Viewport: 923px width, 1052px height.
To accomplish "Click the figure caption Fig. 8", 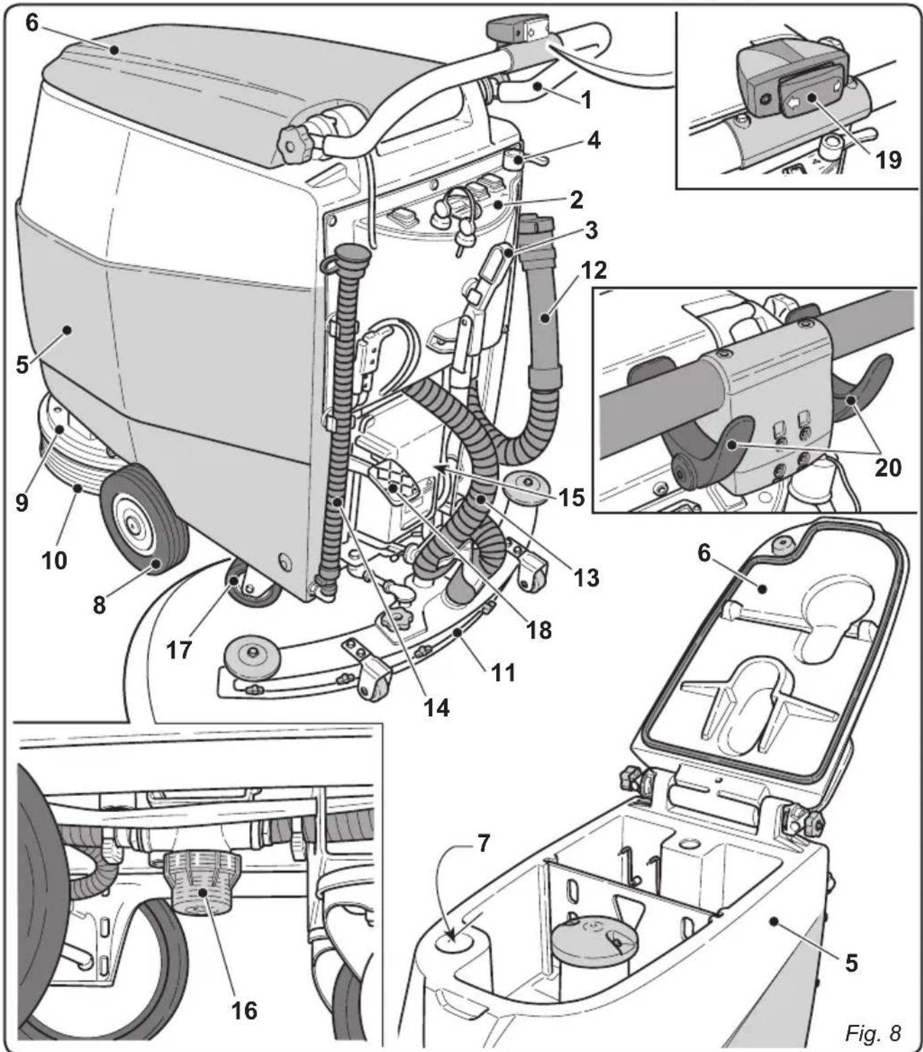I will pyautogui.click(x=872, y=1032).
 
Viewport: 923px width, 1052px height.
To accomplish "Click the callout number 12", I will pyautogui.click(x=593, y=270).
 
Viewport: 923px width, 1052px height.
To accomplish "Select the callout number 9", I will pyautogui.click(x=22, y=502).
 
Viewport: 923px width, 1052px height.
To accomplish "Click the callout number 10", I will pyautogui.click(x=55, y=559).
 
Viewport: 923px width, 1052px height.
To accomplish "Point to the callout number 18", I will pyautogui.click(x=539, y=630).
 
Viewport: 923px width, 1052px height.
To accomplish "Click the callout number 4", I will pyautogui.click(x=593, y=141).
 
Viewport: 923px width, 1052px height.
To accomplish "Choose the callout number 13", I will pyautogui.click(x=585, y=577).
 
